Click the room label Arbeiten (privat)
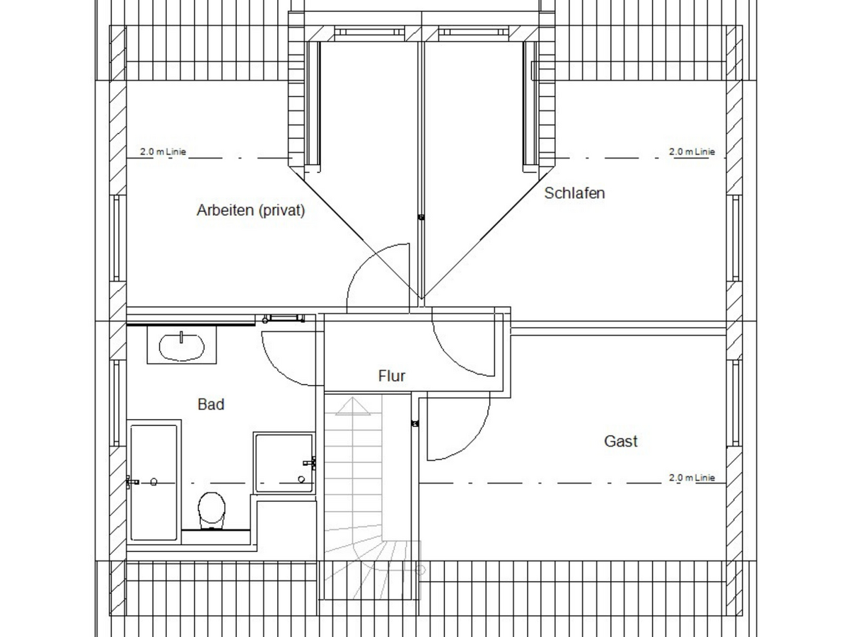click(250, 210)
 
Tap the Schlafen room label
click(574, 193)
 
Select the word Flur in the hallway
click(392, 376)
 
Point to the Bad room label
click(211, 404)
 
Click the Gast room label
click(621, 441)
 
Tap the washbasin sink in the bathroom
click(182, 346)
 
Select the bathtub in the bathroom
click(154, 482)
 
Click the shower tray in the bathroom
click(284, 462)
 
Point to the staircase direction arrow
click(353, 406)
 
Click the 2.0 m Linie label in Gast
click(692, 477)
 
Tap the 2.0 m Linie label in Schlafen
click(692, 151)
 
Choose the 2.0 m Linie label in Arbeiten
click(163, 151)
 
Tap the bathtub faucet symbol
click(132, 482)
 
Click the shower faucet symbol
click(310, 463)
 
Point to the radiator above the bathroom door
click(284, 318)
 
